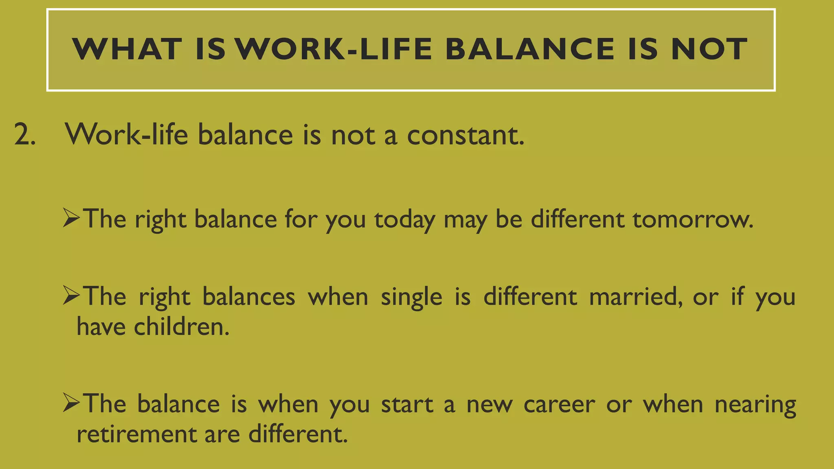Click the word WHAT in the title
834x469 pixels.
(127, 49)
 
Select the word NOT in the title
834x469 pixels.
(709, 49)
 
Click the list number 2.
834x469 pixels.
(24, 135)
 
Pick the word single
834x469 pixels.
(411, 298)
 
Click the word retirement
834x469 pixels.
(137, 434)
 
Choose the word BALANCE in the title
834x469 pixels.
(529, 49)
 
